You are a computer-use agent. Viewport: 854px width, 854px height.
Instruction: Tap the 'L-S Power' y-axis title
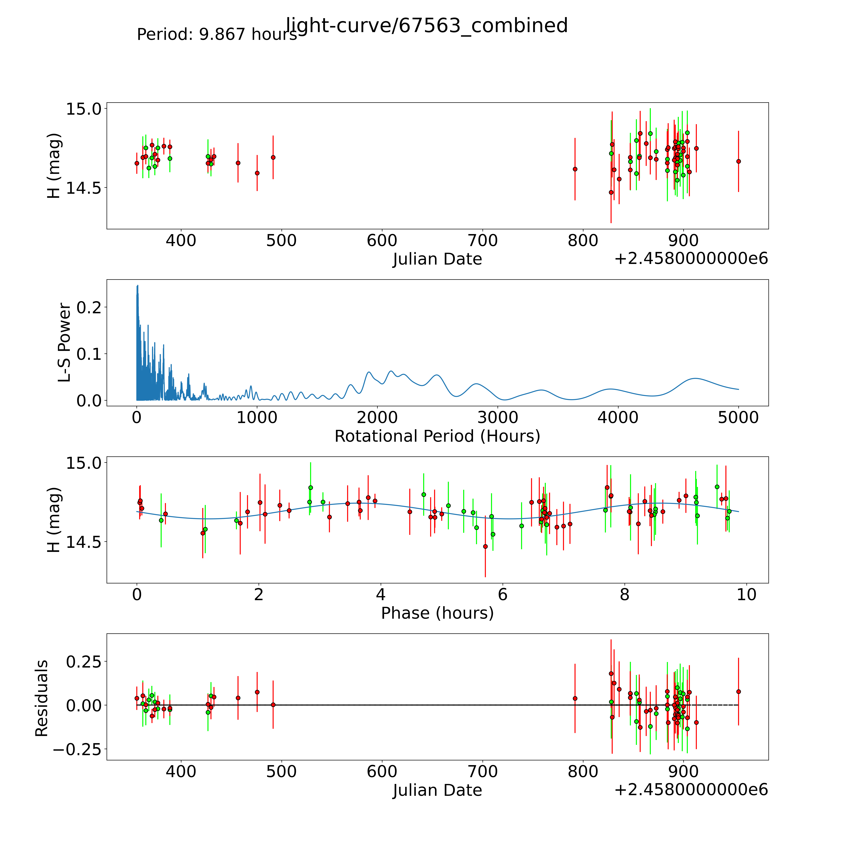(x=65, y=343)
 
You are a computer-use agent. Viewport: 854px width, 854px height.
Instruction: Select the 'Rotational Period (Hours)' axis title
(x=437, y=436)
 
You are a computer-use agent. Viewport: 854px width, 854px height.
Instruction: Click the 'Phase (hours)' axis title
(x=437, y=613)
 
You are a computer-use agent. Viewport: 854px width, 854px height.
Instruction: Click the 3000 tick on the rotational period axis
(x=498, y=417)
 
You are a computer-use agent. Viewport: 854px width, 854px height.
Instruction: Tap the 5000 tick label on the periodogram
(x=738, y=417)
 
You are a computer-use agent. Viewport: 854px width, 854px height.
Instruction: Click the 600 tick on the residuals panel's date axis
(x=382, y=771)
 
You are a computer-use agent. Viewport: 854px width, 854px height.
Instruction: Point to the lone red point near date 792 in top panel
(x=575, y=169)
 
